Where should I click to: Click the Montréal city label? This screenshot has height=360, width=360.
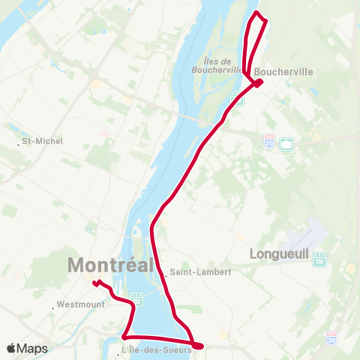(111, 265)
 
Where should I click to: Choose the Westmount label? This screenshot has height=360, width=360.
(79, 305)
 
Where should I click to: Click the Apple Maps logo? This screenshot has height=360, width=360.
(27, 348)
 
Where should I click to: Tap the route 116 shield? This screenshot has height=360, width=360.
(320, 260)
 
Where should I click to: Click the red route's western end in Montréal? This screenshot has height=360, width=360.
(95, 283)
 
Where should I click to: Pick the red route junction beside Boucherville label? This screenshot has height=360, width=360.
(257, 82)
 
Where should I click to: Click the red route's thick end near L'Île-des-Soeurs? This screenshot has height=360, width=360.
(198, 345)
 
